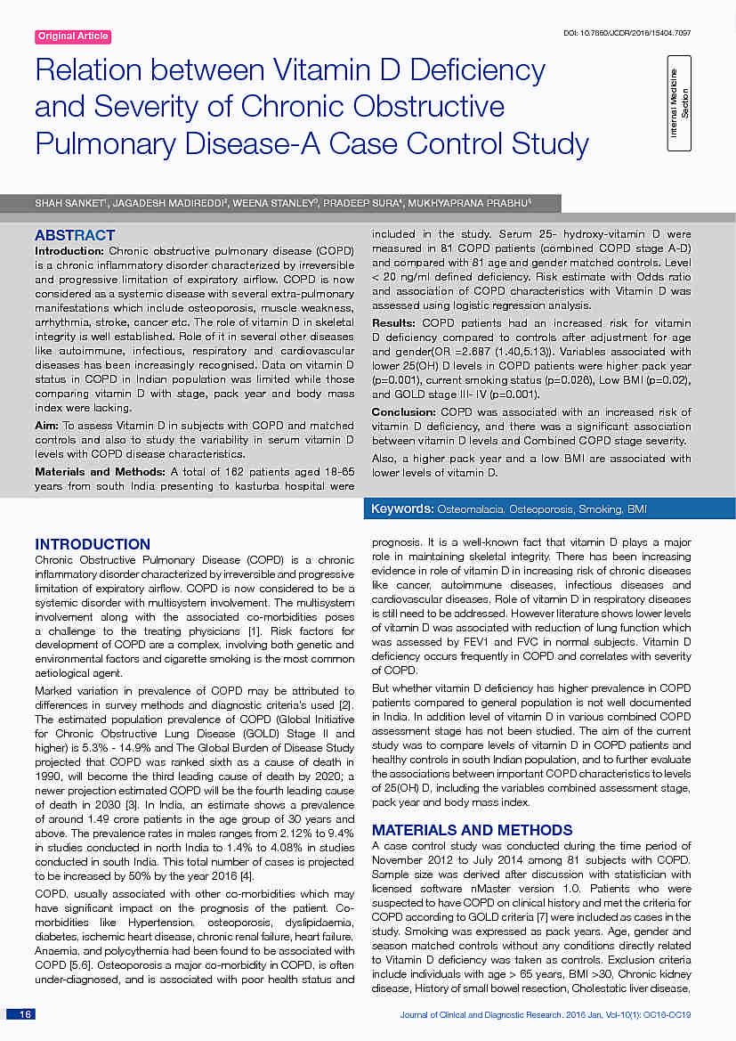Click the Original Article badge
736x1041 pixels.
click(x=73, y=37)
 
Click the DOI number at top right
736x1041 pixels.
click(x=627, y=33)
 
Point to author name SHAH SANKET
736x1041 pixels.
click(x=68, y=204)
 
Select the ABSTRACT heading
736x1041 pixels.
click(x=75, y=236)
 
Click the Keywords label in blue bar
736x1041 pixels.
click(x=402, y=509)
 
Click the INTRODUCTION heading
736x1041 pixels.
click(x=93, y=544)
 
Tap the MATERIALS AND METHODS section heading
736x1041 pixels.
click(x=472, y=830)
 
